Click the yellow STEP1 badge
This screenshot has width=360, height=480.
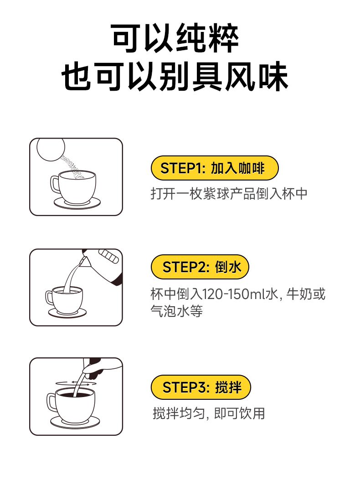point(215,168)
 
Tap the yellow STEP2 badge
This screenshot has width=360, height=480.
point(200,267)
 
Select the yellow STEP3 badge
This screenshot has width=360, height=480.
point(201,387)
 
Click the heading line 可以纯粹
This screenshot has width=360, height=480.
point(175,38)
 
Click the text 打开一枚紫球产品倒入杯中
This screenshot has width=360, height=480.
point(229,194)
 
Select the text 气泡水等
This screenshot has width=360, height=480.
point(177,311)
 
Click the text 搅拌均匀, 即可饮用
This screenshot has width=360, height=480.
point(209,413)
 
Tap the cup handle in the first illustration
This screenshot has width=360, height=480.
point(55,184)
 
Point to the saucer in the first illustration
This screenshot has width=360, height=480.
point(77,203)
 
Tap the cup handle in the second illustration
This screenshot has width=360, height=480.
point(49,298)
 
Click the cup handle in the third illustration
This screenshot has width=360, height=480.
point(51,402)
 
